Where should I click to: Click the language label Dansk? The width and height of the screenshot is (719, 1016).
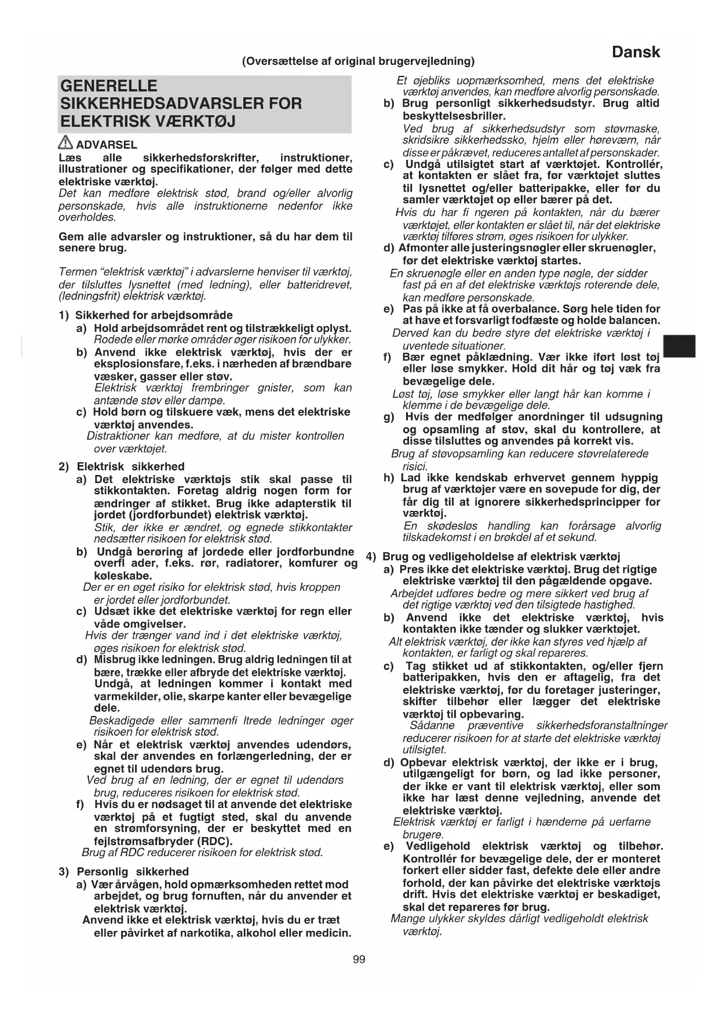(636, 52)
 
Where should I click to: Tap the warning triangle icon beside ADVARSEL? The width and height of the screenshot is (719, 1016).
(65, 142)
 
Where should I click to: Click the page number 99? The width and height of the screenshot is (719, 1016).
(359, 960)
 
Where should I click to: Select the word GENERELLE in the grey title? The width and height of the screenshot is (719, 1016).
(108, 86)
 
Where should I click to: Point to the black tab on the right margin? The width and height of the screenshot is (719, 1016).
(679, 346)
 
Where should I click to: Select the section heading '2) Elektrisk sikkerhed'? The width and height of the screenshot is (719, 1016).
(122, 466)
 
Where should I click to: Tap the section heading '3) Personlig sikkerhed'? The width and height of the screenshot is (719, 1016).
(123, 871)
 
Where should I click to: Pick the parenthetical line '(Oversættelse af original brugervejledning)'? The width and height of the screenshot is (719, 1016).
(358, 61)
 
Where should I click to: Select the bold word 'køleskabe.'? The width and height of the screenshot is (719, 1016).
(123, 576)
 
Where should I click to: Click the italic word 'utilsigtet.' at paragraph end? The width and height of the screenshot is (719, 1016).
(424, 750)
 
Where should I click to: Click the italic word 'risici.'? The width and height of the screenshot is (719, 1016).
(415, 466)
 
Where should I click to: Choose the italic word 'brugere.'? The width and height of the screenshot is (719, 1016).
(423, 834)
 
